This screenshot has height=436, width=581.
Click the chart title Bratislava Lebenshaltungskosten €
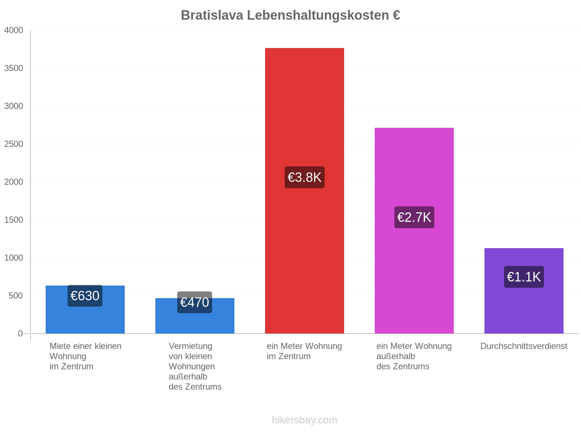290,15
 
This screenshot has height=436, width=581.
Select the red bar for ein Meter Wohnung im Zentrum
304,191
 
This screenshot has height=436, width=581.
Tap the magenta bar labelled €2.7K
414,231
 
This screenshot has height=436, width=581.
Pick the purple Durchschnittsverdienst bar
524,291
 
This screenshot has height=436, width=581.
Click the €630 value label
85,296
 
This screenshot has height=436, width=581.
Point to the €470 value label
195,302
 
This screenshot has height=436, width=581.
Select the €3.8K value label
304,177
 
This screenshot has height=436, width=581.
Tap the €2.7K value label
414,217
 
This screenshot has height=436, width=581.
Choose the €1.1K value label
524,277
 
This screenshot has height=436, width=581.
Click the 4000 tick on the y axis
13,30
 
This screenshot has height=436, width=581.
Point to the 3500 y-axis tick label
13,68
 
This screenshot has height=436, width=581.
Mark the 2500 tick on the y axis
13,144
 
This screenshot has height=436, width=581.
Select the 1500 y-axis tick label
13,220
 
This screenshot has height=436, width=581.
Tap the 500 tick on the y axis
16,296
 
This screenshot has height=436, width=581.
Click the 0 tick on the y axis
20,334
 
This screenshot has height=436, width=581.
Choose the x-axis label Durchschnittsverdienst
524,346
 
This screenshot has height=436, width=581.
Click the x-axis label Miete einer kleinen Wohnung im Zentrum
85,356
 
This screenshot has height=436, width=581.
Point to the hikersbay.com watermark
304,420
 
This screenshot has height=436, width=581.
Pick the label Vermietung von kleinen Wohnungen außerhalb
192,362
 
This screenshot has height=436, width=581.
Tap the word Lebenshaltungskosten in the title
318,15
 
